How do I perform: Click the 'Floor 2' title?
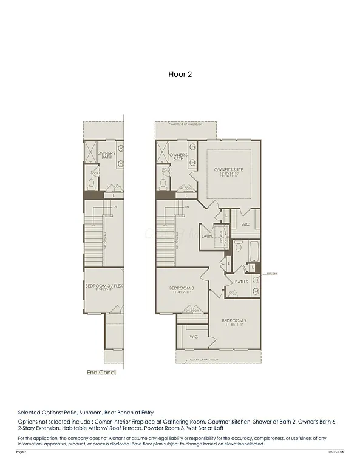[x=180, y=75]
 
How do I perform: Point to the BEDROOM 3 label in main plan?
[x=181, y=289]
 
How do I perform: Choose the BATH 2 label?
[x=242, y=282]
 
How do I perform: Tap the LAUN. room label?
[x=207, y=236]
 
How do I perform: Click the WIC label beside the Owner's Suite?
[x=245, y=224]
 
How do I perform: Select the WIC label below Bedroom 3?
[x=193, y=336]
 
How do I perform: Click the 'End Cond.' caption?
[x=101, y=373]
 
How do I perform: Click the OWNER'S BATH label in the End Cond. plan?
[x=107, y=155]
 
